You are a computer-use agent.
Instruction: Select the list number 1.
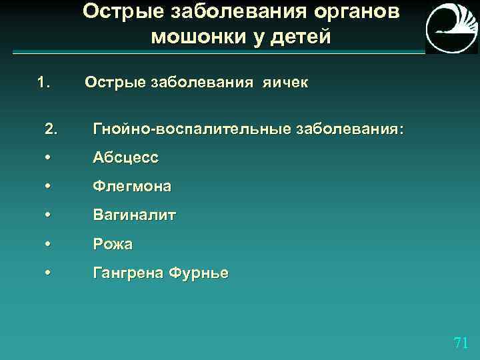coord(44,83)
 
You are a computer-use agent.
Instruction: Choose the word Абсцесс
coord(125,157)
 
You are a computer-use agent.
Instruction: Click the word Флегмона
coord(132,187)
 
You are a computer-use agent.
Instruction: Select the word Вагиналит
coord(135,215)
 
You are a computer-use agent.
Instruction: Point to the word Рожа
coord(113,245)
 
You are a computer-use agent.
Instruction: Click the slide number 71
coord(460,343)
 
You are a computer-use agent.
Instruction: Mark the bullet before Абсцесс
coord(47,157)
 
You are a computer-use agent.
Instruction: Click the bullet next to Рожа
coord(47,245)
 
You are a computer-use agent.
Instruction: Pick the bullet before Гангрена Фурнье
coord(47,273)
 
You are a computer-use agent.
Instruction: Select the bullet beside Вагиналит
coord(47,215)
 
